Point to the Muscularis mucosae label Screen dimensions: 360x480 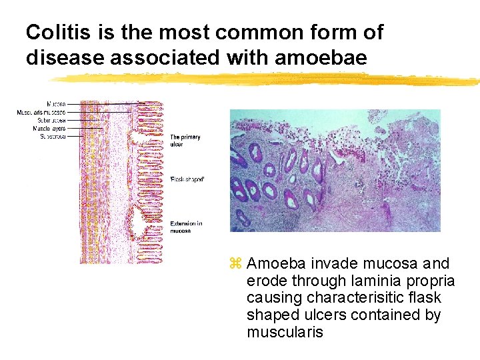tap(41, 113)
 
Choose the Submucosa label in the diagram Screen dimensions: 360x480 tap(52, 121)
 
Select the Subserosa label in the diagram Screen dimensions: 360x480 tap(52, 136)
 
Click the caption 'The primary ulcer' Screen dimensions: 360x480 tap(185, 141)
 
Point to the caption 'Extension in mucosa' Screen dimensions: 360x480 tap(187, 227)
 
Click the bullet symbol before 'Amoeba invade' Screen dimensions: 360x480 tap(234, 264)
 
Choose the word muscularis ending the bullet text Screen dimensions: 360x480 tap(285, 332)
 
